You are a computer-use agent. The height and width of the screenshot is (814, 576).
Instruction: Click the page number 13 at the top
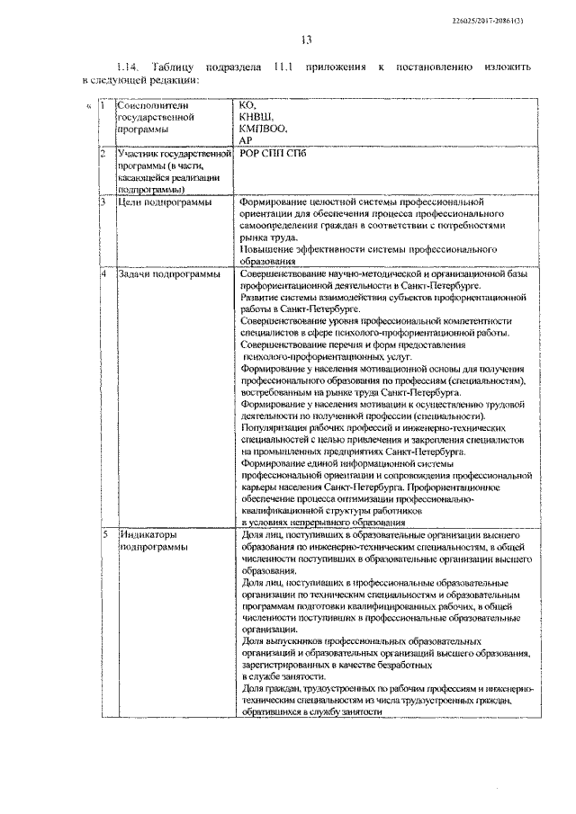(x=305, y=39)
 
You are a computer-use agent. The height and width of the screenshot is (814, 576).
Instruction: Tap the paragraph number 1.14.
(x=130, y=67)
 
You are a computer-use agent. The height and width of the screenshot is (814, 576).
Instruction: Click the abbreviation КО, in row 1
(x=249, y=106)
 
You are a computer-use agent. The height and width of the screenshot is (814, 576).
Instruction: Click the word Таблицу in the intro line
(x=181, y=67)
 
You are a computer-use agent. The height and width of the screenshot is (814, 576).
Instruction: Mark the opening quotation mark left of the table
(x=88, y=106)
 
